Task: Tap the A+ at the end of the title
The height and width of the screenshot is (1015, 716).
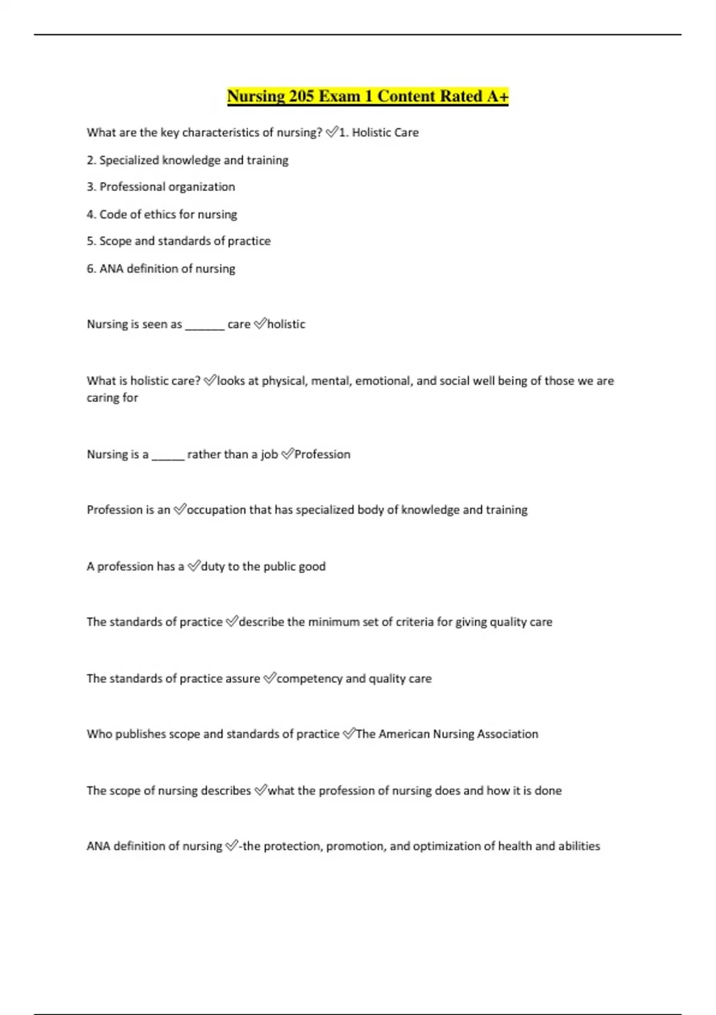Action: click(x=498, y=96)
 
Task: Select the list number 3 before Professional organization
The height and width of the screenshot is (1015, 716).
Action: click(x=91, y=187)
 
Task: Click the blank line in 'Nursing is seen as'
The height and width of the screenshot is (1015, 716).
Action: click(x=205, y=326)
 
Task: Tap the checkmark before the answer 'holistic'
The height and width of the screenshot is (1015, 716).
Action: click(x=260, y=324)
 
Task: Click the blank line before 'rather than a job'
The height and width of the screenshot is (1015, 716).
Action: click(x=168, y=456)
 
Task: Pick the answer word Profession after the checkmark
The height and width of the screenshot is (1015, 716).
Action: click(x=322, y=454)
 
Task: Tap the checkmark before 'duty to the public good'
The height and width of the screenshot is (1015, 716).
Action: click(x=193, y=566)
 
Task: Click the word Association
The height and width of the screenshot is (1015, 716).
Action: click(x=508, y=734)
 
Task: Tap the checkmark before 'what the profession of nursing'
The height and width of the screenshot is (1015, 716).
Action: click(x=261, y=791)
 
